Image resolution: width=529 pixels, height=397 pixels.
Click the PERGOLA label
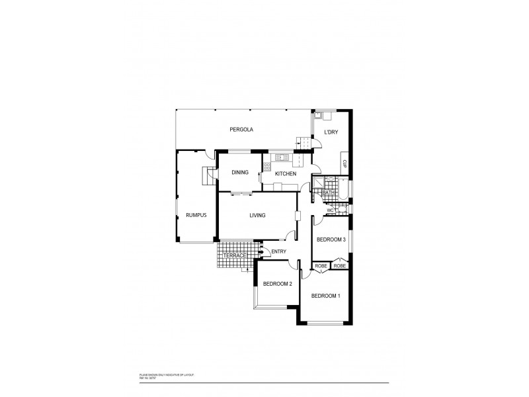pos(241,129)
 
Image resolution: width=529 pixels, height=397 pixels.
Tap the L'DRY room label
pos(331,132)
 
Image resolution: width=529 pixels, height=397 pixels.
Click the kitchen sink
pos(280,157)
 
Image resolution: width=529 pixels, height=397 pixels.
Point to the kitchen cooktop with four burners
pos(266,167)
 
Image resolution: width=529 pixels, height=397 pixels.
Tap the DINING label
pos(239,173)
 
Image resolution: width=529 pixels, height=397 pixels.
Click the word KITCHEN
pos(286,173)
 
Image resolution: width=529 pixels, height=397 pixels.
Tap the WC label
pos(329,210)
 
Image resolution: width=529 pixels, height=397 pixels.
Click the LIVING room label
pos(257,215)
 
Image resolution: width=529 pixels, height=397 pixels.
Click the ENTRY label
pos(278,251)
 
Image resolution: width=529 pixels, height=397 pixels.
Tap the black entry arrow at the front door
pos(263,251)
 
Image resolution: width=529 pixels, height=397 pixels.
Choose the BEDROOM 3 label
pos(331,240)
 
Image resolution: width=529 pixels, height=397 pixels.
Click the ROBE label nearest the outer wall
pos(340,266)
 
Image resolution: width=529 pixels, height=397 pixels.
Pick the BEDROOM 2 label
pos(277,284)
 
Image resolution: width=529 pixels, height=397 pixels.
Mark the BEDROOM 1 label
pos(325,296)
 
